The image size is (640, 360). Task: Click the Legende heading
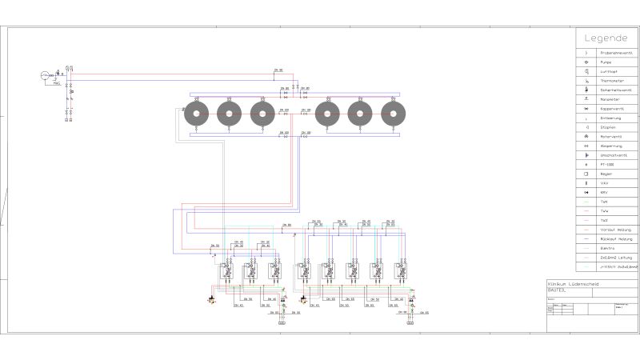[x=606, y=38]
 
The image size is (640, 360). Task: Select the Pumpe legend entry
[x=607, y=62]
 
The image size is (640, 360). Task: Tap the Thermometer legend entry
[x=607, y=81]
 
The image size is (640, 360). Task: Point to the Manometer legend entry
[x=607, y=99]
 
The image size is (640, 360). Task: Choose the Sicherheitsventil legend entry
[x=607, y=90]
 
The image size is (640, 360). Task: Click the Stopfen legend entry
[x=607, y=127]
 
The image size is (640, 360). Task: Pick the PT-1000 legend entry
[x=607, y=164]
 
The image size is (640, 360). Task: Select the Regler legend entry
[x=607, y=174]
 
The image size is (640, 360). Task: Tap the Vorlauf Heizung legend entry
[x=607, y=230]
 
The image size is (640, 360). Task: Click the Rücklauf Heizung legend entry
[x=607, y=239]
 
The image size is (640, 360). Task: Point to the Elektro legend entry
[x=607, y=249]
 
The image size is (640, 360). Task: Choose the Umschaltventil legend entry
[x=607, y=155]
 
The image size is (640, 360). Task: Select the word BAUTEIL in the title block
[x=557, y=290]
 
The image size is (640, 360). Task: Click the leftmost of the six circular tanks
[x=196, y=114]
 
